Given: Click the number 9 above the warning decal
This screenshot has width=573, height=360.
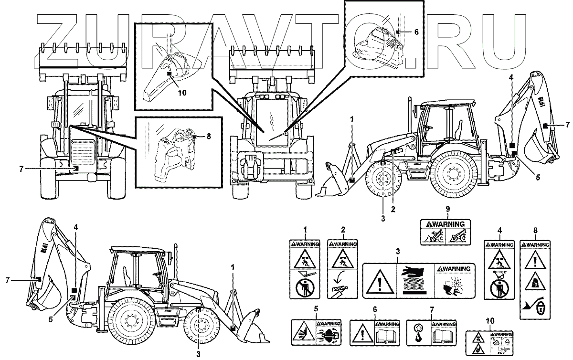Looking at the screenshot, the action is [x=448, y=209].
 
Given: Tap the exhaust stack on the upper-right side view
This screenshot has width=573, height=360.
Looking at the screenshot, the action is [x=409, y=115].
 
